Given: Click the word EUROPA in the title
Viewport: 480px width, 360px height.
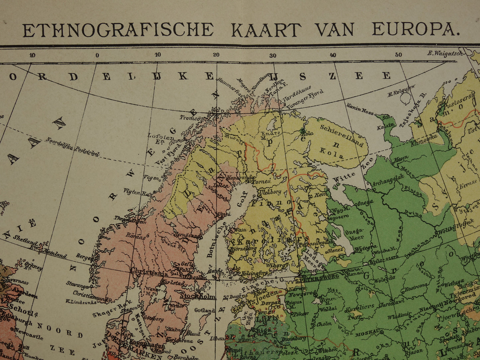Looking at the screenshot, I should click(x=414, y=30).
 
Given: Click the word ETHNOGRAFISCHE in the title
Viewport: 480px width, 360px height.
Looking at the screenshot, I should click(x=118, y=30).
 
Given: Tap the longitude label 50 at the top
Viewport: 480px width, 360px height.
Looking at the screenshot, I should click(x=399, y=55).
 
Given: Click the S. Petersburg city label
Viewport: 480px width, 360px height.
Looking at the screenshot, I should click(x=317, y=277).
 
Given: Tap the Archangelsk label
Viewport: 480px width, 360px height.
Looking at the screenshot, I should click(x=388, y=180).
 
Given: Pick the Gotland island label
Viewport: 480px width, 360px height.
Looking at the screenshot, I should click(x=204, y=310).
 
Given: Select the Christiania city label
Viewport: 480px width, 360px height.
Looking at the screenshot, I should click(x=149, y=272).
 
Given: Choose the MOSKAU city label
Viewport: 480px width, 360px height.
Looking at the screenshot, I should click(x=367, y=332).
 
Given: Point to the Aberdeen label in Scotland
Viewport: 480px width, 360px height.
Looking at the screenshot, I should click(x=24, y=292).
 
